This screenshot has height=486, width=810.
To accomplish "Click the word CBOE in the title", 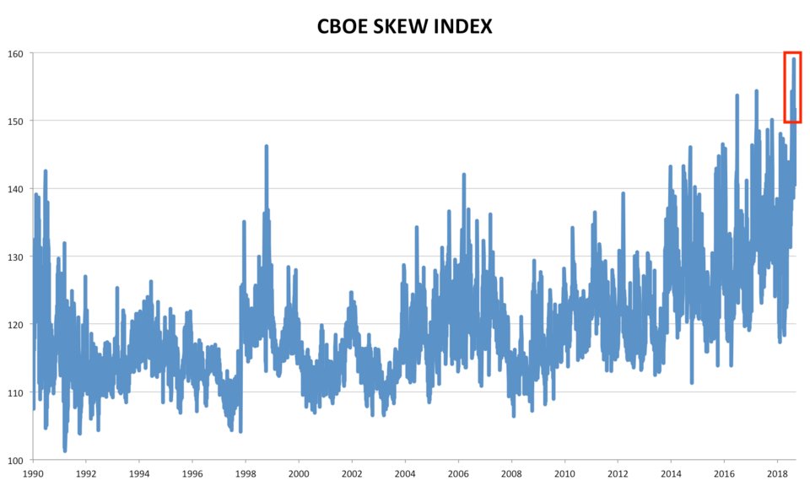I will click(344, 26).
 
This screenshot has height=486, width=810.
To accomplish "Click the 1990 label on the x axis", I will click(33, 474).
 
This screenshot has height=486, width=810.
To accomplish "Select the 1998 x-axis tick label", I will click(246, 474).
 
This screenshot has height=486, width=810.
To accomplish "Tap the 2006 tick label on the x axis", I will click(458, 474).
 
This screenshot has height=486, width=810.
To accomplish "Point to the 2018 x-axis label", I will click(776, 474).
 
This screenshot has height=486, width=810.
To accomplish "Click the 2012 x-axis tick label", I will click(618, 474).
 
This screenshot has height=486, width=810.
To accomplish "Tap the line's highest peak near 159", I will click(794, 59).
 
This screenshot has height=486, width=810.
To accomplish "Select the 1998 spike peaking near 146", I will click(267, 147).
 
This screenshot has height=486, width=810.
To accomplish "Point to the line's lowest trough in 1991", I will click(65, 450).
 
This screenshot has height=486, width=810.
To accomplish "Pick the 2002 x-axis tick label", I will click(352, 474).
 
